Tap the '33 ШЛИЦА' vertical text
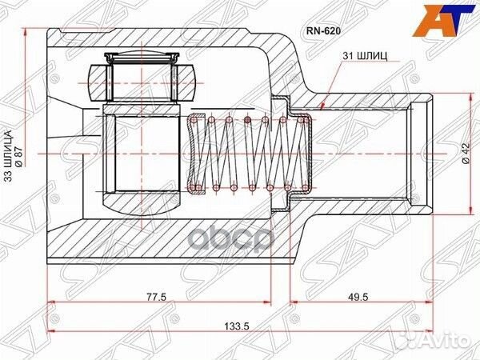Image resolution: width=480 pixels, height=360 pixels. pyautogui.click(x=10, y=157)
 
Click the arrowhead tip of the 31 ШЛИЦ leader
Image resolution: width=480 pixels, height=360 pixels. pyautogui.click(x=321, y=106)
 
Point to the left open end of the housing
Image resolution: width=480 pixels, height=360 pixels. pyautogui.click(x=49, y=152)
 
